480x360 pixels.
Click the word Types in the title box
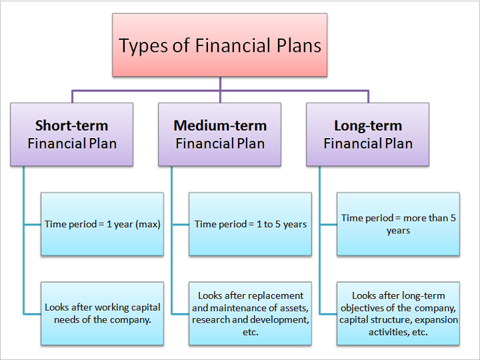coord(143,46)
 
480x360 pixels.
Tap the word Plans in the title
coord(299,45)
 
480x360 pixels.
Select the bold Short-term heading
coord(71,125)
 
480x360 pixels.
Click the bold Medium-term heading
coord(220,125)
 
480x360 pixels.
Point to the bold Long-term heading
coord(368,126)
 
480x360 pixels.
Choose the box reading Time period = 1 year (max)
coord(102,224)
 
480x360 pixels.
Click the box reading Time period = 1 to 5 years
coord(251,224)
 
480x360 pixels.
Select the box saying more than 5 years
coord(398,224)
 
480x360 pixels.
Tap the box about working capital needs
coord(102,313)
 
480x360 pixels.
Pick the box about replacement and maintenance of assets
coord(251,313)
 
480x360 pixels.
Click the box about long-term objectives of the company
coord(398,313)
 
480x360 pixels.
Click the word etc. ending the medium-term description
coord(251,332)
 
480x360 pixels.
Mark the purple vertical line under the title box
coord(220,89)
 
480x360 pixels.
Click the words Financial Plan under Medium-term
coord(220,143)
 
